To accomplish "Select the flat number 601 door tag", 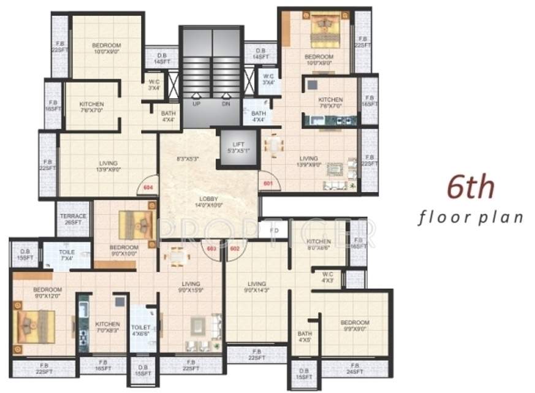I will point(268,183).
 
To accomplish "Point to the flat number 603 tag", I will point(212,248).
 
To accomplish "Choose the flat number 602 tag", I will point(234,248).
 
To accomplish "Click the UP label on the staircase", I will point(197,104).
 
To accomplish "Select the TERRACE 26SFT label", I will point(73,220).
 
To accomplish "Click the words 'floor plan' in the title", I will point(471,218).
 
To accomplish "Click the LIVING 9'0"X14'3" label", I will point(257,288).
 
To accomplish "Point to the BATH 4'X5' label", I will point(305,337).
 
